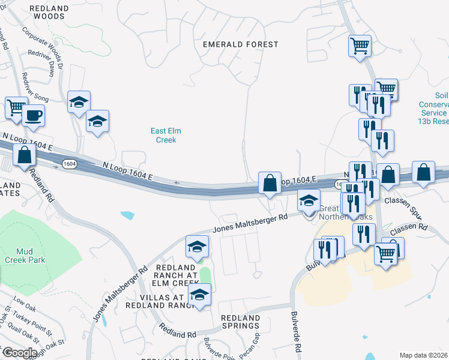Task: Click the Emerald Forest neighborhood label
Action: [241, 44]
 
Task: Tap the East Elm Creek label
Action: [166, 135]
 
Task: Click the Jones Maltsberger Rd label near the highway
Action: [250, 224]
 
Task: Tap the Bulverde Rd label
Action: [296, 331]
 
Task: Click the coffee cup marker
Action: [34, 115]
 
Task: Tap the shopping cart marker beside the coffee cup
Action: [16, 108]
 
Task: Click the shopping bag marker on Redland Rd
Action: [24, 156]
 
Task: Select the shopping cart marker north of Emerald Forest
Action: [360, 46]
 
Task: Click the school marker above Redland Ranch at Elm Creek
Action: [197, 247]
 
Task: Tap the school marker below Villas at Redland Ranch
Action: [199, 295]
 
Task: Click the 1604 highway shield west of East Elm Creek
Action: [70, 163]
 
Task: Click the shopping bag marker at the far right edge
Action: [424, 172]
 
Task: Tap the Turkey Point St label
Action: [33, 323]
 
